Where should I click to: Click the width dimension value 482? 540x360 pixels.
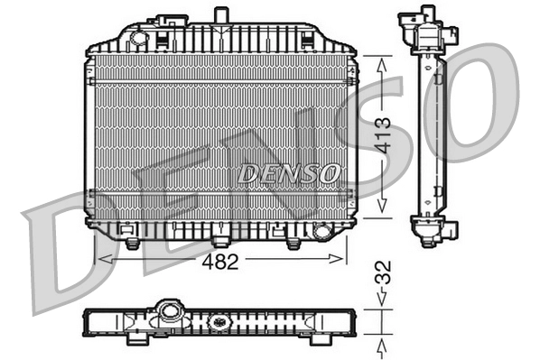pyautogui.click(x=220, y=262)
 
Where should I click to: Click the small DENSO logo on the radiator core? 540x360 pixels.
pyautogui.click(x=289, y=172)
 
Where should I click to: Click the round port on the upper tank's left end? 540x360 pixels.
pyautogui.click(x=138, y=37)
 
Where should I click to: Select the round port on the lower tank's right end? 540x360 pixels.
pyautogui.click(x=321, y=231)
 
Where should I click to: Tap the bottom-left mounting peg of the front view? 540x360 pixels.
pyautogui.click(x=133, y=244)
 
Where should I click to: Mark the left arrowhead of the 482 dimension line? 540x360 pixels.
pyautogui.click(x=102, y=260)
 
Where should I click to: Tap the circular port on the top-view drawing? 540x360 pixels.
pyautogui.click(x=169, y=312)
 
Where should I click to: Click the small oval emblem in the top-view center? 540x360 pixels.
pyautogui.click(x=219, y=321)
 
